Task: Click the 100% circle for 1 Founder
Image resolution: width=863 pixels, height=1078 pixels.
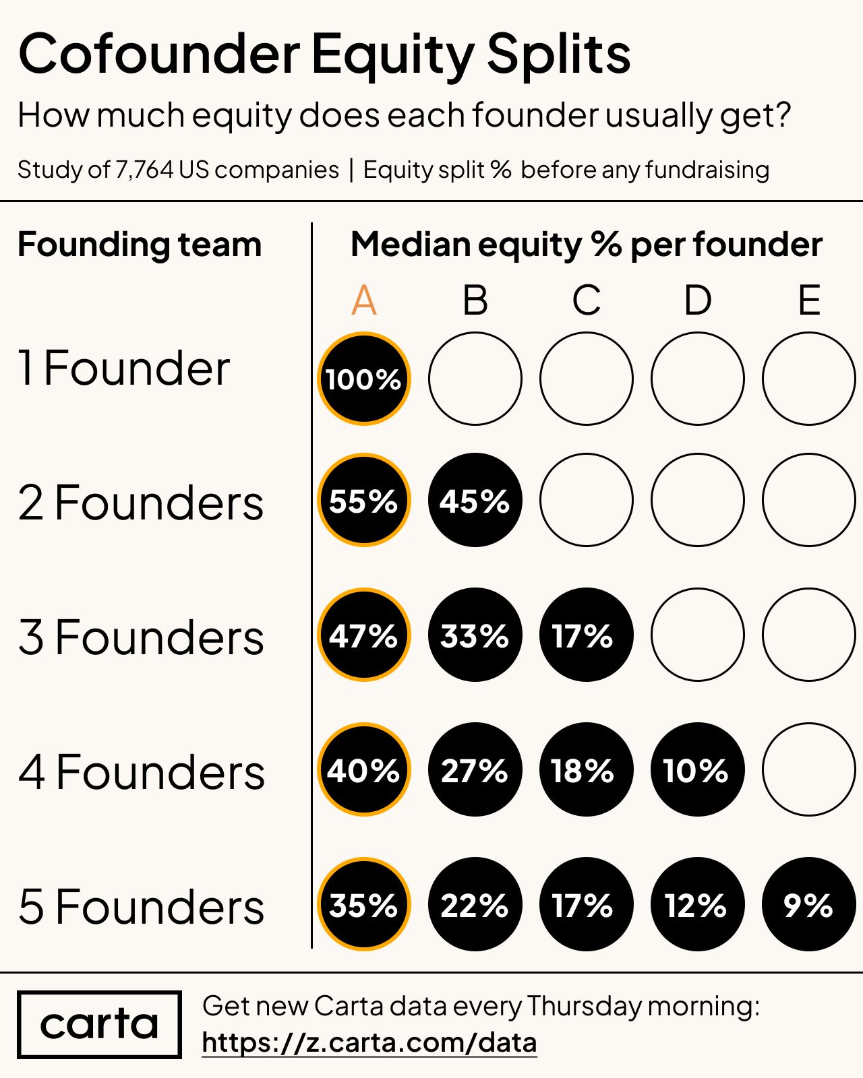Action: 364,379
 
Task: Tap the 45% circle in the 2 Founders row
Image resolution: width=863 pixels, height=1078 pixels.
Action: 475,500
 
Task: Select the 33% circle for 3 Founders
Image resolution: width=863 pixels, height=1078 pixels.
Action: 475,635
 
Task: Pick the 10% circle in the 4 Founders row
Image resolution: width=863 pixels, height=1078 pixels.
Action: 698,769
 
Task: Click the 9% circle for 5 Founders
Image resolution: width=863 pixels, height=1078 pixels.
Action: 808,904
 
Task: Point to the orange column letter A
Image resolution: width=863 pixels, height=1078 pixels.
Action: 364,300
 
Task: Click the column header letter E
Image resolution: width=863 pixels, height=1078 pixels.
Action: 809,300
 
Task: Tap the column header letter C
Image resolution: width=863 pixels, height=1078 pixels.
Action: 587,300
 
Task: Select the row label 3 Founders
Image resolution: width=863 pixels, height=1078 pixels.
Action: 141,637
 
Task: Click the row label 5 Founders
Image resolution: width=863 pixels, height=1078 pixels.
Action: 141,907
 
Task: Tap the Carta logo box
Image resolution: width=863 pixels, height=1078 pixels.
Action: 99,1024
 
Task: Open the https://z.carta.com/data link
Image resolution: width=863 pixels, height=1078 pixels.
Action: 369,1043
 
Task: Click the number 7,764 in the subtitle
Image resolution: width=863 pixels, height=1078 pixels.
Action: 144,170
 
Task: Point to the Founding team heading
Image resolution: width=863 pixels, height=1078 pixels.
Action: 140,245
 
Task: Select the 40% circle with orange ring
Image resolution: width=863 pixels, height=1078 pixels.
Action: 364,769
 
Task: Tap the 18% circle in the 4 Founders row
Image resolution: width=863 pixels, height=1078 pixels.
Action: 587,769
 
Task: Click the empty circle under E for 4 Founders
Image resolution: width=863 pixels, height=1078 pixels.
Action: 809,769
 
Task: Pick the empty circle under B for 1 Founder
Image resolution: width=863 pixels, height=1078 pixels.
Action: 475,379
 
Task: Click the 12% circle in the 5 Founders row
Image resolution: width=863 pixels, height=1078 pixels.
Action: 698,904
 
